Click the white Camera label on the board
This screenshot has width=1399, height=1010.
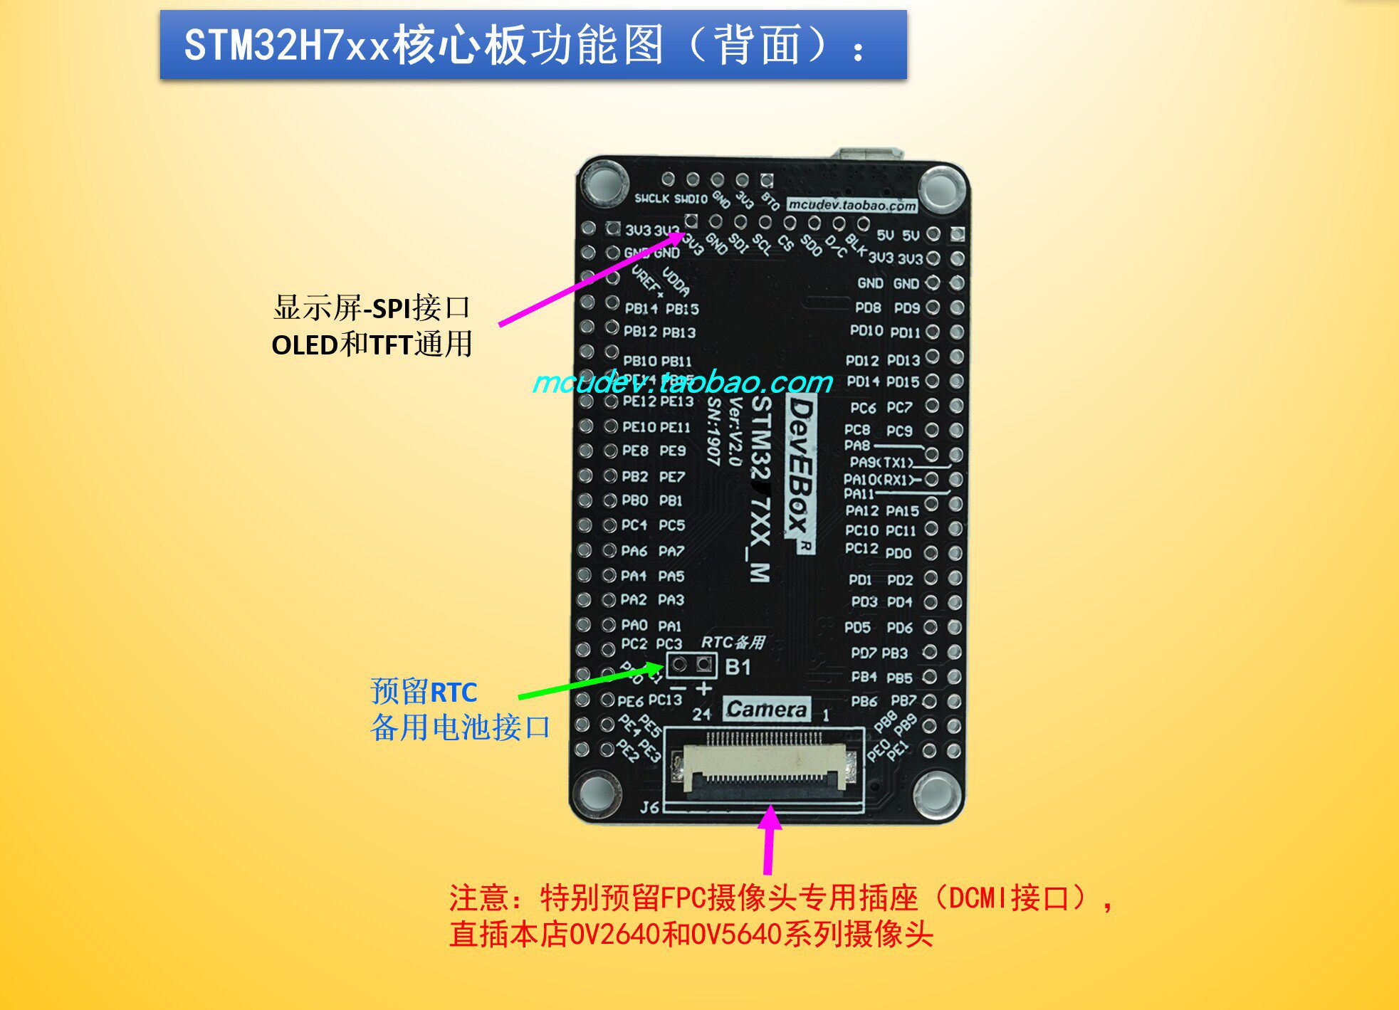(x=767, y=709)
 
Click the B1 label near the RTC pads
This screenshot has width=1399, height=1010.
(x=738, y=667)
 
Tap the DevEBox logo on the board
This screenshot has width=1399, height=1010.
(x=801, y=473)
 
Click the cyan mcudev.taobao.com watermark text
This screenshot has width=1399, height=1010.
(x=682, y=382)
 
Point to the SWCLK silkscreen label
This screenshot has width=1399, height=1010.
(x=651, y=199)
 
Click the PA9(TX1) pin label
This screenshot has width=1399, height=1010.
(x=881, y=463)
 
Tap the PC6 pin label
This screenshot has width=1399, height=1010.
(x=862, y=408)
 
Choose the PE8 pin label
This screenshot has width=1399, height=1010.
(x=635, y=451)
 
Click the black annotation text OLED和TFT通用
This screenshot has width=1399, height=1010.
(x=372, y=344)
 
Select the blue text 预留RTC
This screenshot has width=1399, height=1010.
(x=424, y=691)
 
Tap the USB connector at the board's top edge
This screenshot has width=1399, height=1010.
(x=869, y=154)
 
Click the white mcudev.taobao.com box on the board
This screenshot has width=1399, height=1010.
(x=852, y=205)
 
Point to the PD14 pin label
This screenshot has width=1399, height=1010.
(x=863, y=382)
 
